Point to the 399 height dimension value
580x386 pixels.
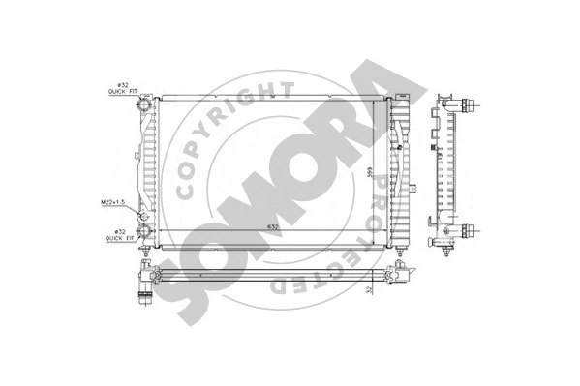coord(369,173)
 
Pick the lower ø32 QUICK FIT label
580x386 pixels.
coord(121,235)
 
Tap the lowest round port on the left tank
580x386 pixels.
coord(145,231)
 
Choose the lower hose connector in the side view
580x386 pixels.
coord(469,229)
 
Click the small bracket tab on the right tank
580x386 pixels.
coord(411,185)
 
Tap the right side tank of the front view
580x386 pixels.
coord(397,169)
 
